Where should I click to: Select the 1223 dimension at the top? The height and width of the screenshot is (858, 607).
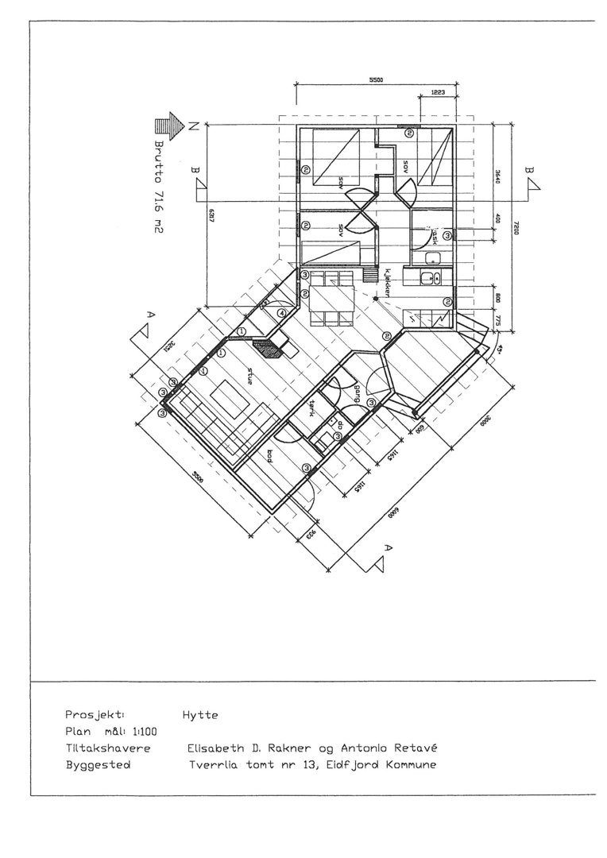tap(438, 92)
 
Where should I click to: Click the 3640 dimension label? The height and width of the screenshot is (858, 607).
tap(498, 176)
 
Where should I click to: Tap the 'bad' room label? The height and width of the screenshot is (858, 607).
tap(270, 456)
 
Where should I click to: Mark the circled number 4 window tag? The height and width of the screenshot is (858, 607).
tap(282, 313)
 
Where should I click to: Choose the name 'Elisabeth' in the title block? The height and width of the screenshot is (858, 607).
tap(215, 748)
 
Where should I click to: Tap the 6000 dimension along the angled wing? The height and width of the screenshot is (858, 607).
tap(391, 511)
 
